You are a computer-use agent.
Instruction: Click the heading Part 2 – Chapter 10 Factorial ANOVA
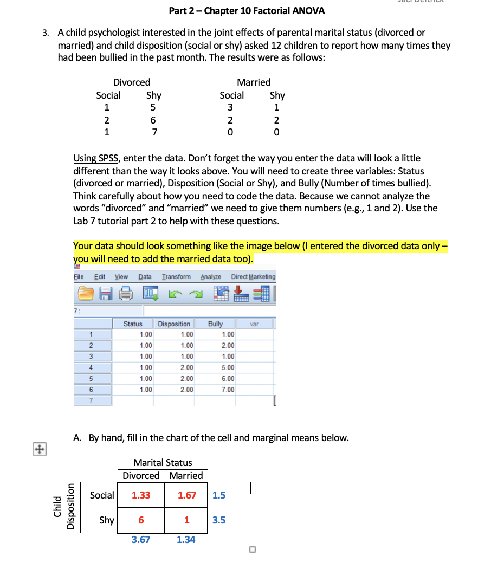[247, 11]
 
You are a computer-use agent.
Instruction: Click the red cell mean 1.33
[141, 495]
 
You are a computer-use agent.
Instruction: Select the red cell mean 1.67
[186, 495]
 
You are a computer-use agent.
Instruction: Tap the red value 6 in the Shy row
[141, 520]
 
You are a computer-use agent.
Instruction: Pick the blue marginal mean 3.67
[141, 540]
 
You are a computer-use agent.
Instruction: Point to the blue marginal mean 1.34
[186, 540]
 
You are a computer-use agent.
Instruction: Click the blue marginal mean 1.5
[219, 495]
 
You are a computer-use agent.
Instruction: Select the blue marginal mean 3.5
[219, 520]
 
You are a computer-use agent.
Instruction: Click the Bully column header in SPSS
[215, 324]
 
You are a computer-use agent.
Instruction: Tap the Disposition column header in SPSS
[174, 324]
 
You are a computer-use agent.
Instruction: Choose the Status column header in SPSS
[133, 324]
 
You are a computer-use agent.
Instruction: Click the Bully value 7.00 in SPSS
[228, 390]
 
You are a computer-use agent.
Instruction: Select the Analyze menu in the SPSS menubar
[211, 277]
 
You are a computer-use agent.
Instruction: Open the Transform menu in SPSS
[176, 277]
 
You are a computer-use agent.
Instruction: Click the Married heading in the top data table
[254, 82]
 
